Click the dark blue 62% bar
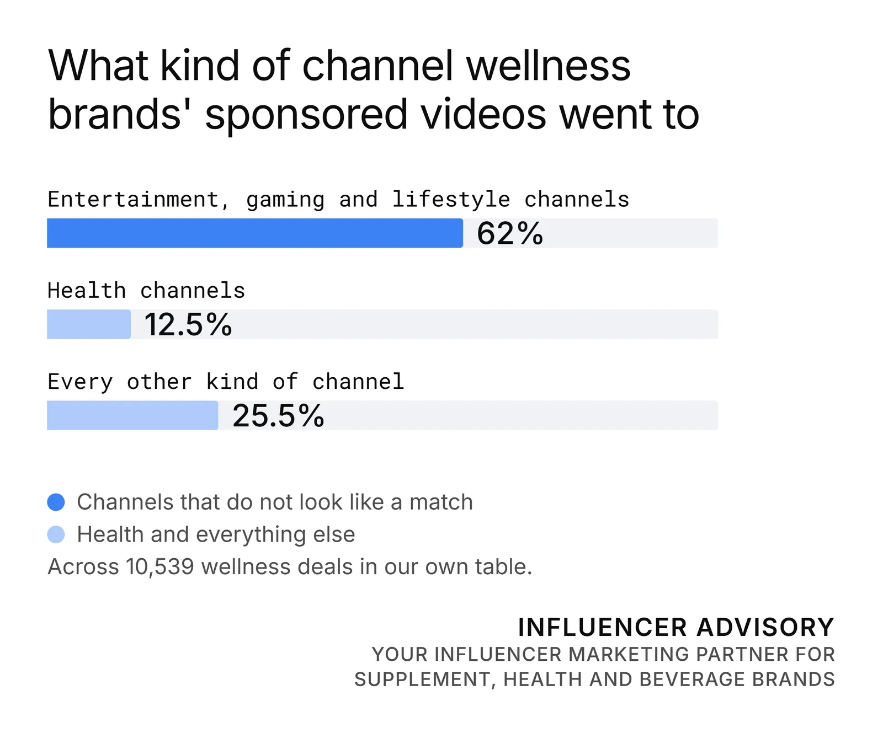tap(255, 233)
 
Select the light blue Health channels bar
tap(89, 324)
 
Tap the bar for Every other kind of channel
tap(132, 415)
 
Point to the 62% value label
tap(510, 233)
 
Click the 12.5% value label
tap(188, 324)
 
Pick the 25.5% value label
tap(278, 415)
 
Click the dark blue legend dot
tap(56, 502)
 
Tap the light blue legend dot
tap(56, 534)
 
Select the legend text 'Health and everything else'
tap(216, 534)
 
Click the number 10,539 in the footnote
tap(160, 567)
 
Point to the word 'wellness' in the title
tap(549, 65)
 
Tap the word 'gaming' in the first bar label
tap(285, 200)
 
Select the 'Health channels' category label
tap(146, 290)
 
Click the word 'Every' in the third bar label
tap(81, 382)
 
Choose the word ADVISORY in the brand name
tap(765, 627)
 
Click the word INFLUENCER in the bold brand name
tap(603, 627)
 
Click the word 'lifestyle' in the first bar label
tap(451, 200)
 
